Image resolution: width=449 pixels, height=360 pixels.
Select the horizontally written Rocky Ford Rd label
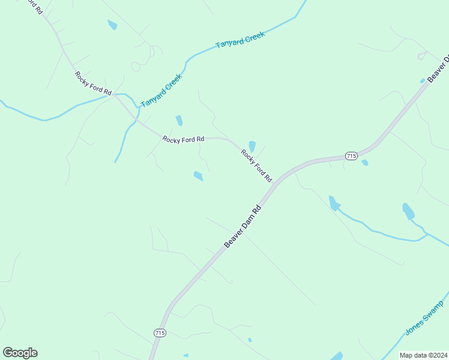(x=184, y=139)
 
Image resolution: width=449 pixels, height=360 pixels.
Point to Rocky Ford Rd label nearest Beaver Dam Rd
(x=256, y=166)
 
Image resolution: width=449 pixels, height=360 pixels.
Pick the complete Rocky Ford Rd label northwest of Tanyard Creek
(x=93, y=83)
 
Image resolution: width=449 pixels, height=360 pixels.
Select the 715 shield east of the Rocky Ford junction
(x=352, y=156)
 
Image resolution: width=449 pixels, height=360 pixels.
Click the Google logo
(x=20, y=353)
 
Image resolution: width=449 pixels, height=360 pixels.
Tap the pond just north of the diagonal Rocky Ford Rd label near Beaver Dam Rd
(x=252, y=146)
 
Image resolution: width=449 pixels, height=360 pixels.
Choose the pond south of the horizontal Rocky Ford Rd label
(x=199, y=176)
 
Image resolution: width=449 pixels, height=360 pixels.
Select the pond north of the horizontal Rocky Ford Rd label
(x=179, y=120)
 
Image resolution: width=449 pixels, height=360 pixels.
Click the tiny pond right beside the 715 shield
(x=365, y=163)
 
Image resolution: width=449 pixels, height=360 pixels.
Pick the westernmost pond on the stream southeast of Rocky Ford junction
(x=334, y=203)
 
